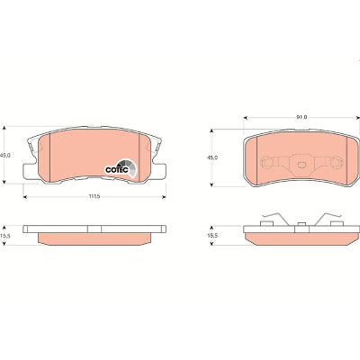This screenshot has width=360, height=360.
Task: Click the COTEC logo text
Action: click(x=117, y=170)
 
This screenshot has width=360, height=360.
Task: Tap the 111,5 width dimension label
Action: click(x=94, y=196)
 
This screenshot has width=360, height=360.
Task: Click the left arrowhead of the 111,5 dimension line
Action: click(x=25, y=197)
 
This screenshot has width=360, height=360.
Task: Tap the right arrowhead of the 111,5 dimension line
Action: click(x=164, y=197)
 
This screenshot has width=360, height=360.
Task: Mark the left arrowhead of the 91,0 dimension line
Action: click(x=246, y=118)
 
